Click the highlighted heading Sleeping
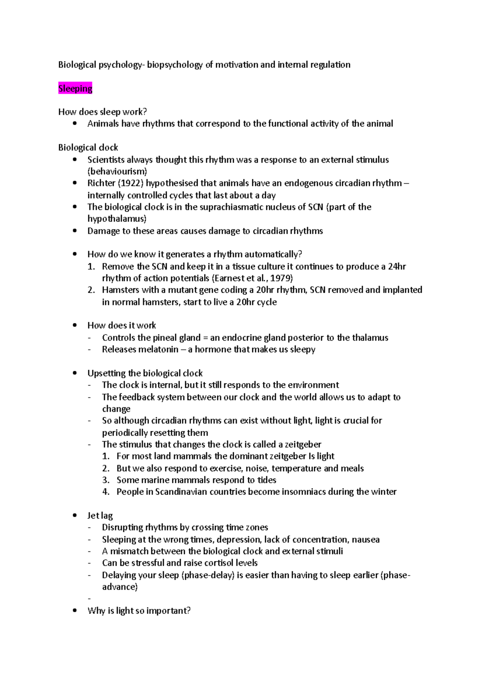[x=75, y=88]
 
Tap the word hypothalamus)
[x=117, y=218]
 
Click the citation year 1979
[x=281, y=278]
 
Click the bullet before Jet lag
[x=75, y=515]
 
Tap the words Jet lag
[x=100, y=515]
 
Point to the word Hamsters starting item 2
[x=119, y=290]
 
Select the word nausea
[x=365, y=539]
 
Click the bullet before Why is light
[x=75, y=611]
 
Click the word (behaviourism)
[x=117, y=171]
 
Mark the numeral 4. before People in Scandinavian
[x=106, y=492]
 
